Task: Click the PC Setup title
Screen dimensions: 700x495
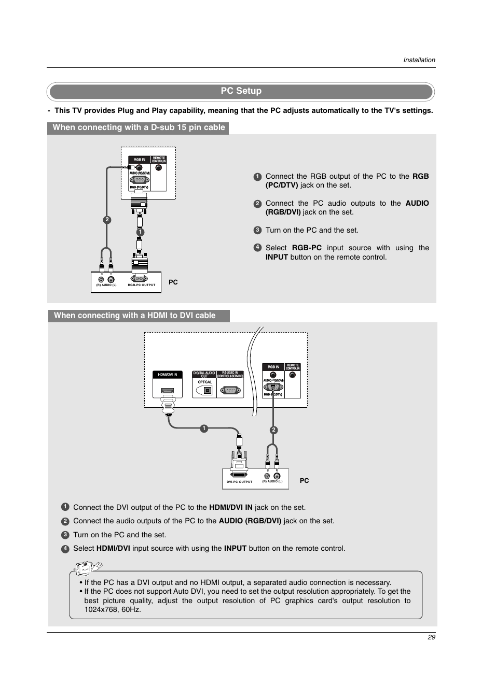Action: point(241,91)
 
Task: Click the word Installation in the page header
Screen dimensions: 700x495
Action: point(419,60)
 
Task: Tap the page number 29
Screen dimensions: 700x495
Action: point(431,637)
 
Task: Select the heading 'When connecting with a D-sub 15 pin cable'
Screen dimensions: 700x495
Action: point(139,127)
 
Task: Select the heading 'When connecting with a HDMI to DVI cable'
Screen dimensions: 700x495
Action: point(134,316)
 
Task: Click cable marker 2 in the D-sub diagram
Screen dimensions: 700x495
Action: point(107,220)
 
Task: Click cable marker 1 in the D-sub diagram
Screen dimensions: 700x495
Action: point(140,232)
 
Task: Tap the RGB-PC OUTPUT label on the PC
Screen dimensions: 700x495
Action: point(141,285)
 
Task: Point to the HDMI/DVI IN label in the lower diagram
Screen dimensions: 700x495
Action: point(167,375)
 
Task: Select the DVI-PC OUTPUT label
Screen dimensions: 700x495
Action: point(239,482)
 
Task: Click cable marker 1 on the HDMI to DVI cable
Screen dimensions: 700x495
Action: point(204,428)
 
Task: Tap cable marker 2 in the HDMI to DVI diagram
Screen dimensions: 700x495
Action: point(273,430)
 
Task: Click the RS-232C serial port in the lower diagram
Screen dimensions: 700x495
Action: point(230,390)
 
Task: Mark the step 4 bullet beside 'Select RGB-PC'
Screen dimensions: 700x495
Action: point(257,248)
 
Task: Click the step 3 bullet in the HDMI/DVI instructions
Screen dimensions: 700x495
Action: point(65,535)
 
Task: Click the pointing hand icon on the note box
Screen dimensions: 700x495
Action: point(86,569)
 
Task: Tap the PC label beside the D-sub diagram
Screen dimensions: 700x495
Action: point(173,282)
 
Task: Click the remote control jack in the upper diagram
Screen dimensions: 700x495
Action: point(158,168)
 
